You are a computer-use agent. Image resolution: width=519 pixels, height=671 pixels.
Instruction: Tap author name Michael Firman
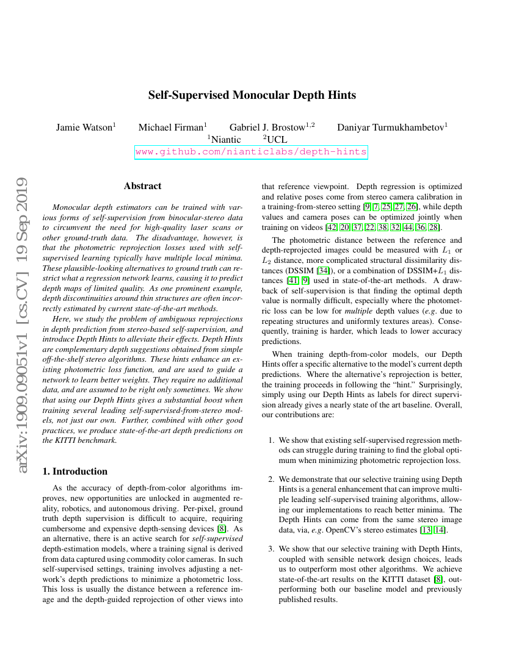coord(170,127)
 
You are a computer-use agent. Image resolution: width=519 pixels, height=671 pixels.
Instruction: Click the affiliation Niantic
coord(225,140)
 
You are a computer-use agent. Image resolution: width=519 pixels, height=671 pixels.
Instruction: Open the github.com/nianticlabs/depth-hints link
coord(251,152)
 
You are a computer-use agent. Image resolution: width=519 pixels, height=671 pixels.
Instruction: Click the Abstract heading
coord(142,186)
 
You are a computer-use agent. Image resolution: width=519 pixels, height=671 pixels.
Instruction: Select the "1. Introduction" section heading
coord(76,472)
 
